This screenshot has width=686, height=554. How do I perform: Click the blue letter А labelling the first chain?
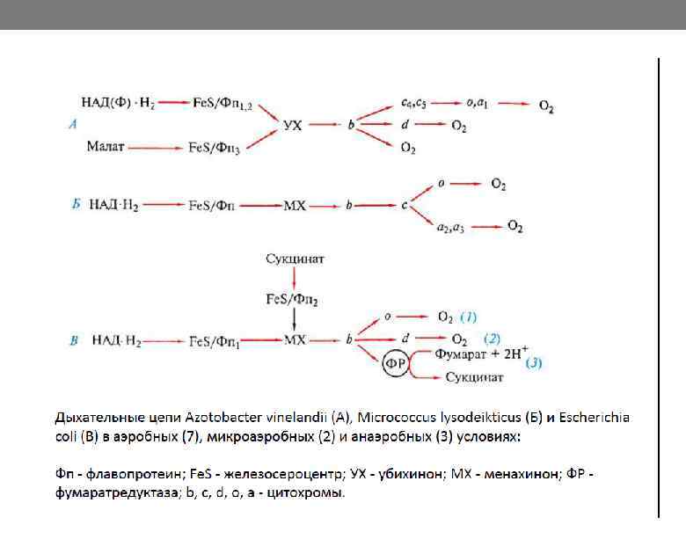tap(73, 125)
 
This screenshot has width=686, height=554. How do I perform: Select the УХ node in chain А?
tap(293, 126)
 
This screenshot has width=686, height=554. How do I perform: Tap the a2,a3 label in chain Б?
tap(449, 227)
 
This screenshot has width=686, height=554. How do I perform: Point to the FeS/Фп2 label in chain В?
tap(293, 299)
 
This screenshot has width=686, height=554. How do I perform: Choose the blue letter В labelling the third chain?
tap(74, 339)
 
